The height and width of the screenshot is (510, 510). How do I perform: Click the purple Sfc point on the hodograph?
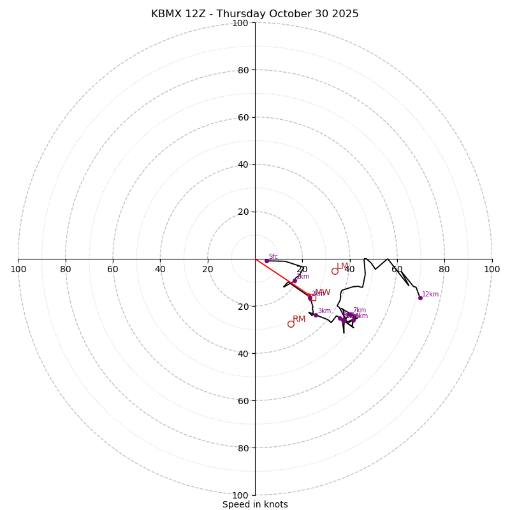click(266, 261)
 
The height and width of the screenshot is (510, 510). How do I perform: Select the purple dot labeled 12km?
click(420, 298)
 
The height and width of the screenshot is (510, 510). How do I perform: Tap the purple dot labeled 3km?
click(316, 315)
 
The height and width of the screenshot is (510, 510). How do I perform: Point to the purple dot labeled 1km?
click(295, 280)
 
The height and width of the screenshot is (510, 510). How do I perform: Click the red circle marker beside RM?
click(291, 324)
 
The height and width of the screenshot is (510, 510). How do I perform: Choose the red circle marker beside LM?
click(335, 271)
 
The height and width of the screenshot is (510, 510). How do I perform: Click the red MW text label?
click(323, 293)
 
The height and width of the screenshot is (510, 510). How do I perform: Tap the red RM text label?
click(299, 319)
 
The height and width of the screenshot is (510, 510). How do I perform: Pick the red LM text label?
click(343, 266)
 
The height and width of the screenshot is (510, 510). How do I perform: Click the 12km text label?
click(430, 295)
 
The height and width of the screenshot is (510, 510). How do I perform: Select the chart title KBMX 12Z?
click(255, 14)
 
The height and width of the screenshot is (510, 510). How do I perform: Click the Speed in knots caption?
click(255, 504)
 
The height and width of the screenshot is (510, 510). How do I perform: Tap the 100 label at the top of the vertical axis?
click(240, 23)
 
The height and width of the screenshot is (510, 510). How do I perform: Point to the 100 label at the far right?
click(492, 269)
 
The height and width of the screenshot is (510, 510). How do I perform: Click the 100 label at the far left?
click(18, 269)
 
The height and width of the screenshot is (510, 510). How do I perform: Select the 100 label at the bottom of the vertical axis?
click(240, 495)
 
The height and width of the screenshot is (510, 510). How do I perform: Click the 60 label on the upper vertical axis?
click(243, 117)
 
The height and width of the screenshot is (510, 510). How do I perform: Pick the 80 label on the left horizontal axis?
click(66, 269)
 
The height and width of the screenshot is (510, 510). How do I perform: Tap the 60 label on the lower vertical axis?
click(243, 401)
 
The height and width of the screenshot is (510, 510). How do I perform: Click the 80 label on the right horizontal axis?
click(444, 269)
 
